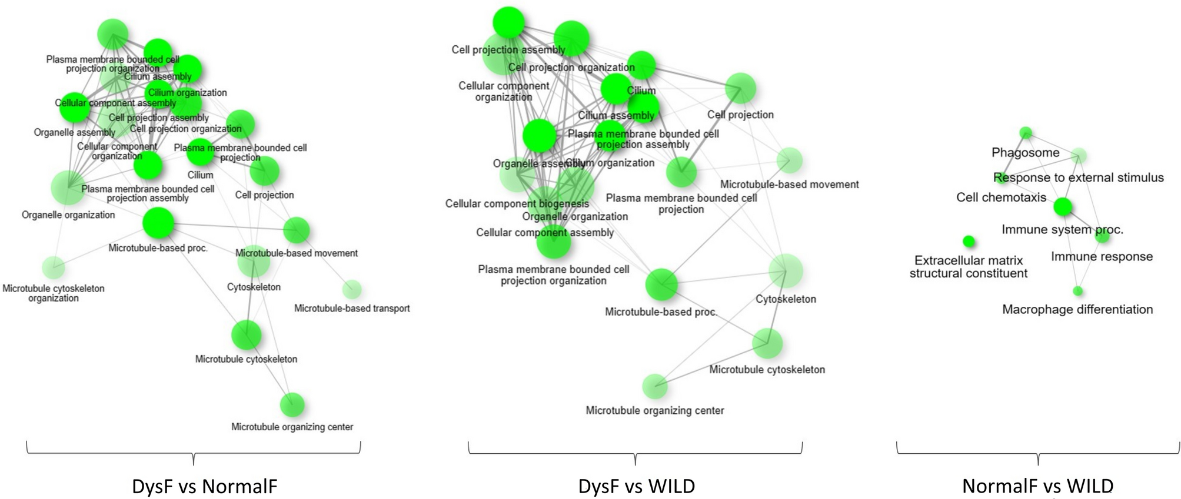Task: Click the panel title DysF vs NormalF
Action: pos(204,486)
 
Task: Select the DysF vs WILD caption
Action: pos(637,486)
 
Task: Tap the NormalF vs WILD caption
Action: pos(1037,486)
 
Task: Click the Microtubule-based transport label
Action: pos(352,308)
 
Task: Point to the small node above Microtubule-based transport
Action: pos(352,289)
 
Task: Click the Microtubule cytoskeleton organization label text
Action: pos(54,293)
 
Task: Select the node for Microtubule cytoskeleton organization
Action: pos(54,267)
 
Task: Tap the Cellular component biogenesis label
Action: pos(517,203)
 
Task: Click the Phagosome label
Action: pos(1025,153)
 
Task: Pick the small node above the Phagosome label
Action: pos(1026,133)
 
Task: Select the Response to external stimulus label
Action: pos(1079,178)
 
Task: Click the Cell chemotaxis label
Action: pos(1001,197)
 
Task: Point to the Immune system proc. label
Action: pos(1062,230)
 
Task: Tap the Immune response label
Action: pos(1102,256)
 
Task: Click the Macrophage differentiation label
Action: pos(1077,309)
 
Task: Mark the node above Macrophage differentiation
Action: pos(1077,291)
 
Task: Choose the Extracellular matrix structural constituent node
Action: pos(969,241)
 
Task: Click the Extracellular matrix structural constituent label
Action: pos(969,267)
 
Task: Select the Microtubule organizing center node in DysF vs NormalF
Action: pos(292,404)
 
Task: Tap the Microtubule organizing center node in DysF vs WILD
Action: pos(655,386)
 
